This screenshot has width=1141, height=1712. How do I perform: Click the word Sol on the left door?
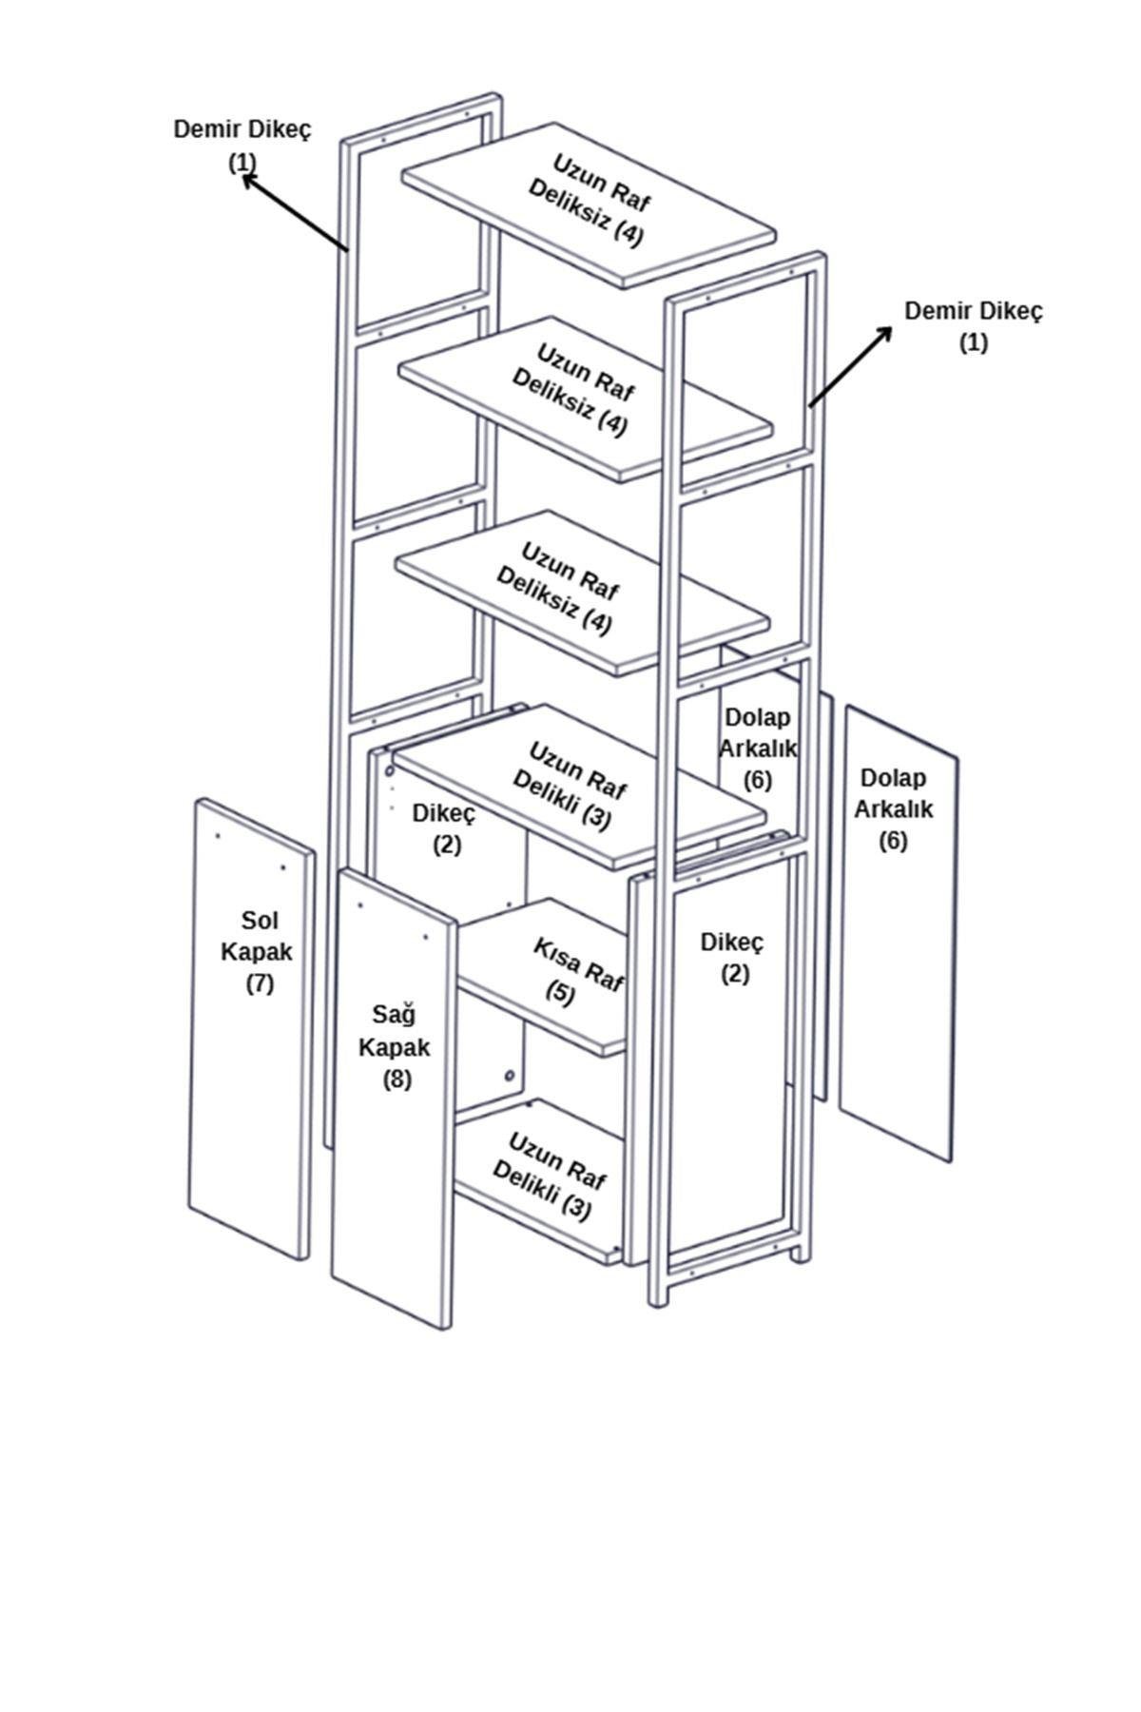pos(259,920)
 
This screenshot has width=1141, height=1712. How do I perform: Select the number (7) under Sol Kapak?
pos(260,982)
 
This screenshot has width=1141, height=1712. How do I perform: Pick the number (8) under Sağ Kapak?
pos(396,1079)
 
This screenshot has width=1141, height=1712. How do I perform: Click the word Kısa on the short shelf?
pos(554,953)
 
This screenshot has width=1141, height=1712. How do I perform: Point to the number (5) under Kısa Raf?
pos(560,993)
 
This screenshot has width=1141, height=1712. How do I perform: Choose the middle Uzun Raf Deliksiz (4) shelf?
pos(584,398)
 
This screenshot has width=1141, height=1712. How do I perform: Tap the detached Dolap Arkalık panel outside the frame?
pos(898,932)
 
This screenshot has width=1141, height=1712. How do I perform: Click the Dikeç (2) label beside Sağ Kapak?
pos(732,958)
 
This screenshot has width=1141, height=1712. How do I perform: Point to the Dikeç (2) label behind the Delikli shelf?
pos(444,828)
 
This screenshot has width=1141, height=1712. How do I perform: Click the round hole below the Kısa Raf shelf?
pos(510,1076)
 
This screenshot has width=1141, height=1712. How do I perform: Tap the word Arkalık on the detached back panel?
pos(893,808)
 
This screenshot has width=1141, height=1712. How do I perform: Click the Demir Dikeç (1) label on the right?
pos(973,326)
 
